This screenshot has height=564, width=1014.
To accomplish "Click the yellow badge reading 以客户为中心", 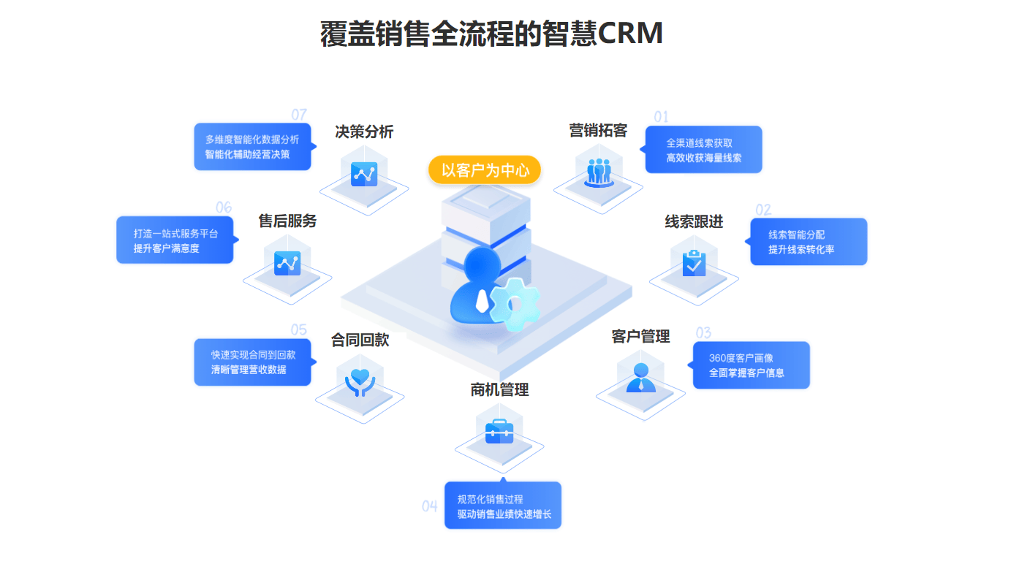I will click(x=485, y=170).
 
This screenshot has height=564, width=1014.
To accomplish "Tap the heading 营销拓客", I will click(x=598, y=131).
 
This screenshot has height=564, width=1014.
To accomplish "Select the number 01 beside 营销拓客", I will click(x=661, y=117).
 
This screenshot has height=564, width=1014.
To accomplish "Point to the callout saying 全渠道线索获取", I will click(x=703, y=150).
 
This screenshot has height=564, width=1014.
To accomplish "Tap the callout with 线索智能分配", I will click(x=808, y=242).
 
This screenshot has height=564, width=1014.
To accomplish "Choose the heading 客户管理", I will click(x=640, y=336).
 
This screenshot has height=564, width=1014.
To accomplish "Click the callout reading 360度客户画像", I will click(x=751, y=365).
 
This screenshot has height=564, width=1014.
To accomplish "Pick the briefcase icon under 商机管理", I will click(x=499, y=430).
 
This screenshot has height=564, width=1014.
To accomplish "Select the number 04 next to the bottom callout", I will click(x=429, y=506).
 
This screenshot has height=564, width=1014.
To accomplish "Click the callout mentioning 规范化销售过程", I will click(x=503, y=506).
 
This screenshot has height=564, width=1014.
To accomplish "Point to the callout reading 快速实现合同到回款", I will click(x=252, y=362).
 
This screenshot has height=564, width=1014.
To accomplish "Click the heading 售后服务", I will click(x=287, y=221).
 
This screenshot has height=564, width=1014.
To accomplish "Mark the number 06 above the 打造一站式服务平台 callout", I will click(x=223, y=207).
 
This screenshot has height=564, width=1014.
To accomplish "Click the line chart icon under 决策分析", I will click(x=364, y=174).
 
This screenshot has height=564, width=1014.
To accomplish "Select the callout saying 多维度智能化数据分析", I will click(x=252, y=147).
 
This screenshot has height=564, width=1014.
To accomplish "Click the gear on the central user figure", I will click(x=514, y=303).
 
